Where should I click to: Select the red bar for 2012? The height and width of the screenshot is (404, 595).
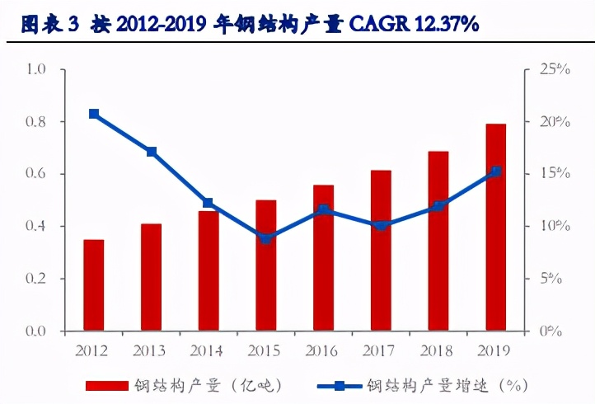point(94,284)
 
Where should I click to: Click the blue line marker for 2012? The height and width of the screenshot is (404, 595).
point(94,114)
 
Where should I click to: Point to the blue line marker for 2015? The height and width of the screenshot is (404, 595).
point(265,238)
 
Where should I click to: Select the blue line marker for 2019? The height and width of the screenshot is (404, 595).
point(495,171)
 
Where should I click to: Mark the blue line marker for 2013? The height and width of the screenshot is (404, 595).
point(151,152)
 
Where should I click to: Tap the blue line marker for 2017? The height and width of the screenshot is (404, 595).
point(381,224)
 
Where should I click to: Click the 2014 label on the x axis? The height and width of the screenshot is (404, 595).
point(208,350)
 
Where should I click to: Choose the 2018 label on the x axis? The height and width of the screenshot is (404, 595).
point(438,350)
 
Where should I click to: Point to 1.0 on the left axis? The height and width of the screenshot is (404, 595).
point(36,69)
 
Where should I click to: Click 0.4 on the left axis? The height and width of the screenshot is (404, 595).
point(36,226)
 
